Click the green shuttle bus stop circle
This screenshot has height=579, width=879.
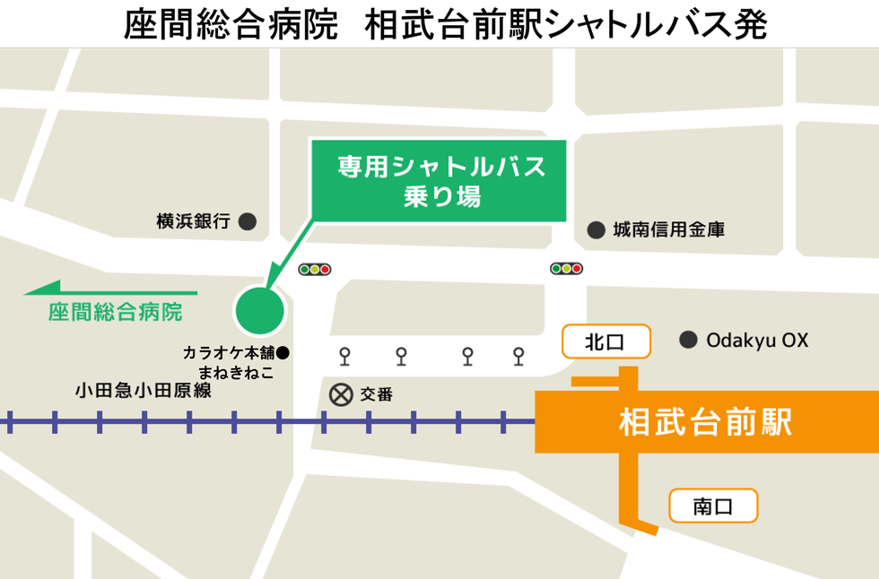(259, 310)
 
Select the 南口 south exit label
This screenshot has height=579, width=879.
(713, 506)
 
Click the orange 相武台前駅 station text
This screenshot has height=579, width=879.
(706, 421)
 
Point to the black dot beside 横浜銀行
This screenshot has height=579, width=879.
(248, 220)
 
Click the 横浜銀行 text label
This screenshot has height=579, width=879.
(194, 221)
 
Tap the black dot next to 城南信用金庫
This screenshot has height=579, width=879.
(596, 230)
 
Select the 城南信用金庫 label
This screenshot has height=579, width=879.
(668, 230)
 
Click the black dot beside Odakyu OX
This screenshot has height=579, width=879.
(688, 341)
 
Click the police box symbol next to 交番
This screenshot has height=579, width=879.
(340, 393)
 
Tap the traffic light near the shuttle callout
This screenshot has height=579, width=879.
(316, 269)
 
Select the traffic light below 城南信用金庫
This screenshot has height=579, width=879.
(567, 268)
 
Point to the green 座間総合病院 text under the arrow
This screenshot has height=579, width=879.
(115, 313)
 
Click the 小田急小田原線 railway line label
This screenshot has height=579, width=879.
(144, 391)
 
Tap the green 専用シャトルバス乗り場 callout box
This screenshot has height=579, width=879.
(439, 180)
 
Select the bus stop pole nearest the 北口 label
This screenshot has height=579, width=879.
(518, 356)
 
